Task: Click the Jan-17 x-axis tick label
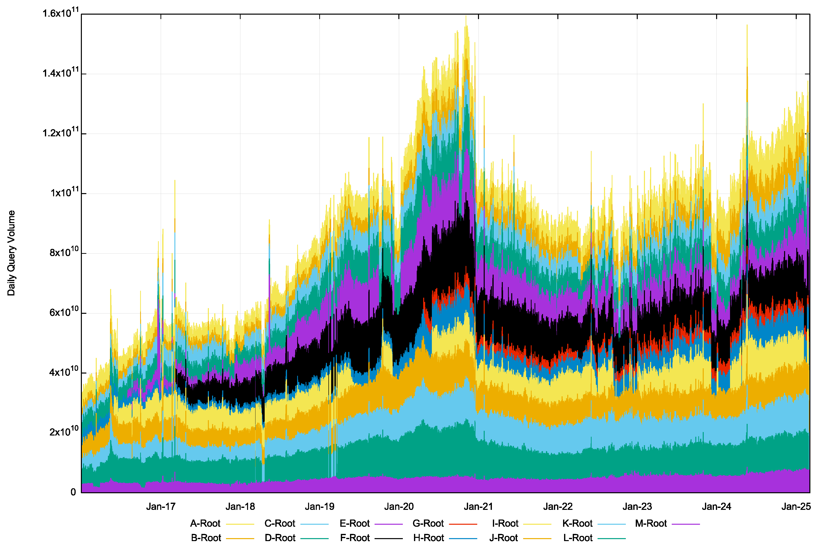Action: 161,507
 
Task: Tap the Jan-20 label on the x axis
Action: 399,507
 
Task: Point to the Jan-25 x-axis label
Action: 796,507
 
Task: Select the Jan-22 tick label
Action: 558,507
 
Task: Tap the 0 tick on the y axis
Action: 73,492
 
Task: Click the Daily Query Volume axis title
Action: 11,253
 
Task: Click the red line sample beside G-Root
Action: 463,524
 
